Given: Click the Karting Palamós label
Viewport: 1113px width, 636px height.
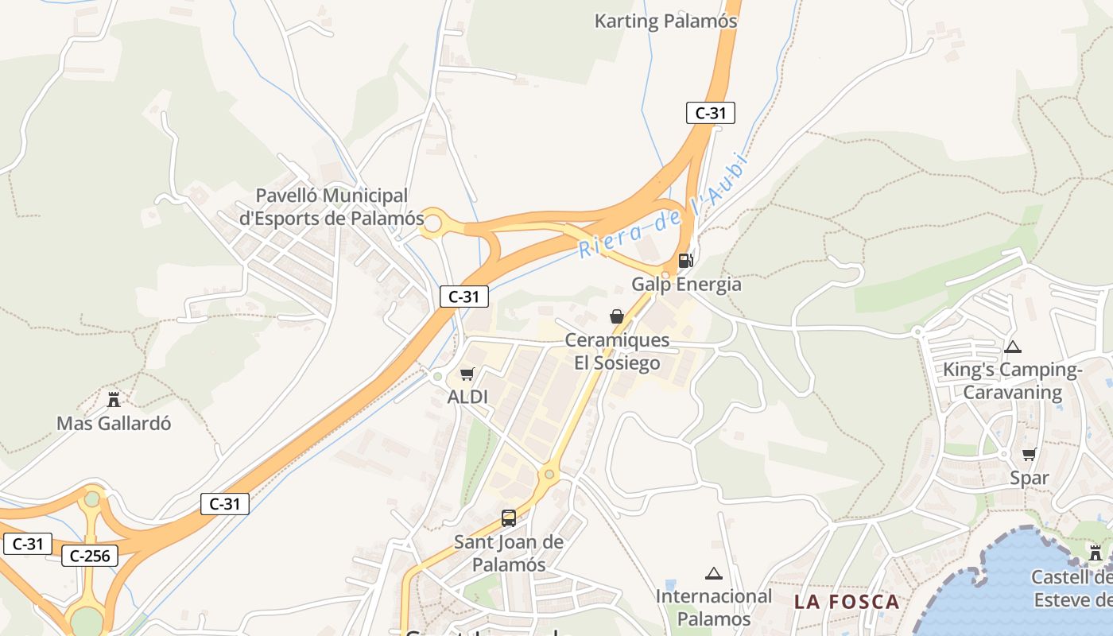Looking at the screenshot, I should pyautogui.click(x=665, y=21).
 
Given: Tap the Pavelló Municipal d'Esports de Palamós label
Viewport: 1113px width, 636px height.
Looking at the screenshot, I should pyautogui.click(x=332, y=207).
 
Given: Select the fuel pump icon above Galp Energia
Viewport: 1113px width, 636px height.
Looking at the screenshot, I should pyautogui.click(x=684, y=260).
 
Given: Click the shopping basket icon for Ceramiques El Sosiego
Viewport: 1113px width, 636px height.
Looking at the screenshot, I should pyautogui.click(x=616, y=316).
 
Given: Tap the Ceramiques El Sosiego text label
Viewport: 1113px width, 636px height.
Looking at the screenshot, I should pyautogui.click(x=617, y=351).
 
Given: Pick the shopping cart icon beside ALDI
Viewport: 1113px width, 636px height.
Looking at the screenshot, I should pyautogui.click(x=467, y=374).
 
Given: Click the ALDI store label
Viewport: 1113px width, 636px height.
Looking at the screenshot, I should pyautogui.click(x=467, y=396).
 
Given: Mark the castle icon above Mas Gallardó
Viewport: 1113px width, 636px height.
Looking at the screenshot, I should pyautogui.click(x=114, y=399).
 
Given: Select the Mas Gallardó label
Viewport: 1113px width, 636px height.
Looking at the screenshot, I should pyautogui.click(x=114, y=423).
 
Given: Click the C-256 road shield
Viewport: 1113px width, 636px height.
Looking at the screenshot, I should pyautogui.click(x=90, y=556).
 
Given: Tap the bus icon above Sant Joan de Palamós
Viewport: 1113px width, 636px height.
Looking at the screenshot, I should pyautogui.click(x=509, y=518).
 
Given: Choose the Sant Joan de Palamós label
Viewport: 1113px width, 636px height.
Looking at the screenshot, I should pyautogui.click(x=509, y=553).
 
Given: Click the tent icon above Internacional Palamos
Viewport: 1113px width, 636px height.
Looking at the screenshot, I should pyautogui.click(x=713, y=573).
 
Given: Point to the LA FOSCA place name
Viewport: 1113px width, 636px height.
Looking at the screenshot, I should pyautogui.click(x=847, y=602).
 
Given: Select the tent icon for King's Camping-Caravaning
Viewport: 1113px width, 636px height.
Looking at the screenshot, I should pyautogui.click(x=1012, y=347).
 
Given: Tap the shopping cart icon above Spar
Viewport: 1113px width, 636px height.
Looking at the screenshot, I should pyautogui.click(x=1029, y=454).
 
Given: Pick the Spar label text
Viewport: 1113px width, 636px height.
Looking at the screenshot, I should pyautogui.click(x=1029, y=478).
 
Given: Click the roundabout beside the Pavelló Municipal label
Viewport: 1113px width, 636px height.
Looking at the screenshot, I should pyautogui.click(x=432, y=224).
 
